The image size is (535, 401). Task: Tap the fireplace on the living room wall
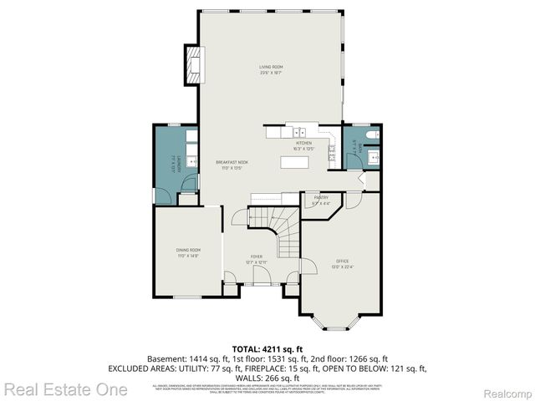(194, 63)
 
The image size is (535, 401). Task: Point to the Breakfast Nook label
(232, 165)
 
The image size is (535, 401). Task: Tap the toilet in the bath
(373, 134)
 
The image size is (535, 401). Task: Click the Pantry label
(322, 200)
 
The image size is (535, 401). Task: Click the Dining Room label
(188, 252)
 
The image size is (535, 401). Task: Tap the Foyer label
(257, 259)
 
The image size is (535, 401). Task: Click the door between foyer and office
(306, 266)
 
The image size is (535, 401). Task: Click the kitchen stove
(332, 150)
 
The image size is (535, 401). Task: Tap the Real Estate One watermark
(65, 389)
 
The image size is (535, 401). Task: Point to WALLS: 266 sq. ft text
(267, 378)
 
